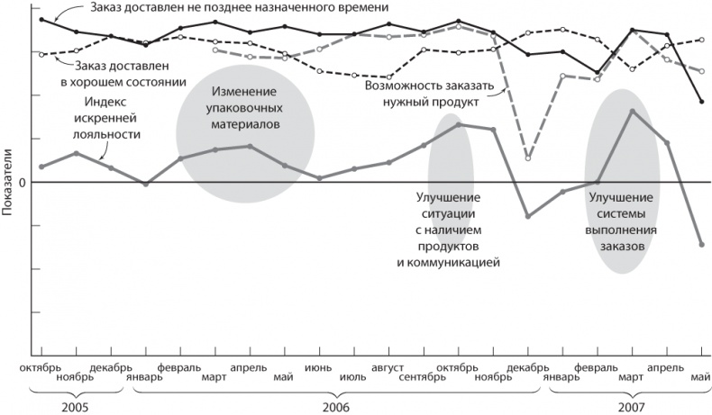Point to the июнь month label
coord(319,367)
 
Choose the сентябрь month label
coord(422,377)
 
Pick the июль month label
coord(352,377)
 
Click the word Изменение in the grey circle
coord(245,93)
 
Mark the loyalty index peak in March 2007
coord(632,111)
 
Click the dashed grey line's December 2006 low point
coord(528,158)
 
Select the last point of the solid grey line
coord(701,244)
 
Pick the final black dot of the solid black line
coord(701,102)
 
